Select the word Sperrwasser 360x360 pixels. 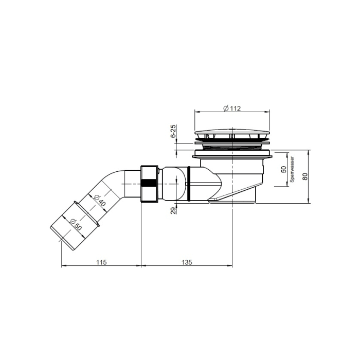point(292,170)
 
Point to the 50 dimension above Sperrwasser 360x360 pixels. point(283,170)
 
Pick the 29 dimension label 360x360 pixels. point(173,210)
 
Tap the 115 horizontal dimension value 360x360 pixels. point(101,262)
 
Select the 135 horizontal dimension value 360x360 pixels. point(186,262)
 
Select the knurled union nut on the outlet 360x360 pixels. point(149,184)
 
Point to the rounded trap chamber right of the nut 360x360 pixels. point(172,183)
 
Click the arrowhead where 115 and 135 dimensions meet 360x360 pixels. point(141,266)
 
